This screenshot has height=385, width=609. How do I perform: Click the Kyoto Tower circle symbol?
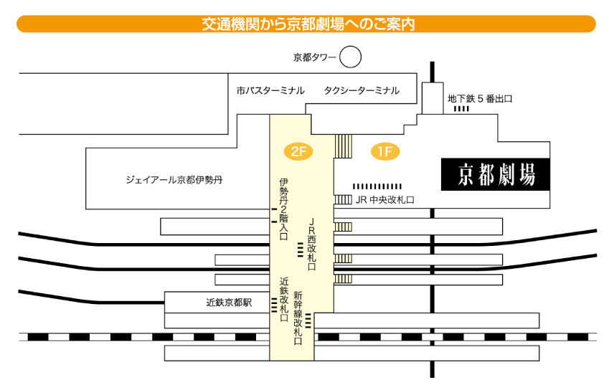pos(350,57)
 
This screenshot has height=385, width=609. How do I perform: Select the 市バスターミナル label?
pos(270,91)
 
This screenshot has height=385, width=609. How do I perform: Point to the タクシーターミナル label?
pos(361,91)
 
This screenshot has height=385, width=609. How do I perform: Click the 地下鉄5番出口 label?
pos(479,99)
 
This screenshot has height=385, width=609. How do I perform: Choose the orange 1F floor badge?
pos(384,151)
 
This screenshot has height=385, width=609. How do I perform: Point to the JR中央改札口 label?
pos(385,200)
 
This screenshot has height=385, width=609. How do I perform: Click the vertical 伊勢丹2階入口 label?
pos(283,209)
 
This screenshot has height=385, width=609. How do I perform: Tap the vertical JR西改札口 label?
pos(311,244)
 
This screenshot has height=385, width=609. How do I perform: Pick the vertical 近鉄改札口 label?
pos(284,298)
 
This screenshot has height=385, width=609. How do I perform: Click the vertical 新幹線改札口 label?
pos(298,318)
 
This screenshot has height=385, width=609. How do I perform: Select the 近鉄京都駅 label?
pos(229,303)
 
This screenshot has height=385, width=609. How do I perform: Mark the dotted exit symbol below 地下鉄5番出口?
pos(461,109)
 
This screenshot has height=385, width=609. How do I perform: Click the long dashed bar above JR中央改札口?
pos(377,186)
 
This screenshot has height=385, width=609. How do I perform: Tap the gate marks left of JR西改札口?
pos(301,249)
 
